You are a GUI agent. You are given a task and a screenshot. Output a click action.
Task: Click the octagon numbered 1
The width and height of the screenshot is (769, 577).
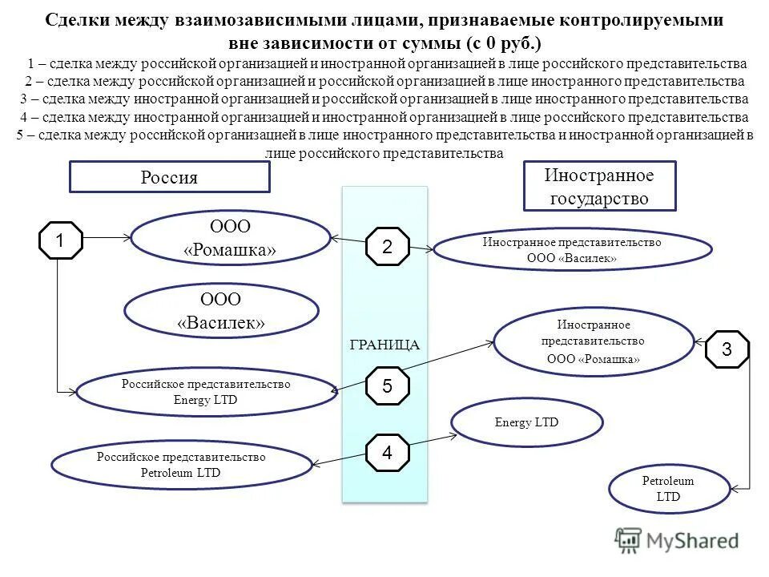(61, 240)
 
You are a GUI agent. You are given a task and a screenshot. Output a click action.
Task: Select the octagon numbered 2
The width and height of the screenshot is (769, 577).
(388, 247)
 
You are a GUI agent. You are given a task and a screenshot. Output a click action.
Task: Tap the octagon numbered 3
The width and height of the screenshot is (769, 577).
(727, 349)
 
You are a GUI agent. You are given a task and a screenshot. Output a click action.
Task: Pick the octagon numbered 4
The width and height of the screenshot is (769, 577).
(388, 452)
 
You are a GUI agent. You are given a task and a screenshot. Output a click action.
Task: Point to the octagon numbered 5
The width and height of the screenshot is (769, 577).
(388, 386)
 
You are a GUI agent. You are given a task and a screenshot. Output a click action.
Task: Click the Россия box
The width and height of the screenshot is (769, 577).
(169, 177)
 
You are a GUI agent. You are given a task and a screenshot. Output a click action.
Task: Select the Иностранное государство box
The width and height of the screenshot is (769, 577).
(599, 186)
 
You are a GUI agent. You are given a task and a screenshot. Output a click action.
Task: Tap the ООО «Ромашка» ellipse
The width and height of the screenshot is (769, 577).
(230, 239)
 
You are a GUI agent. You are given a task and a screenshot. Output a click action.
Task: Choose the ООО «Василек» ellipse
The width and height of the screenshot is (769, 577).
(221, 311)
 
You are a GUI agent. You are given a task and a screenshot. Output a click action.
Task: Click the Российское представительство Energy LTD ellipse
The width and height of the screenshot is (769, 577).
(206, 391)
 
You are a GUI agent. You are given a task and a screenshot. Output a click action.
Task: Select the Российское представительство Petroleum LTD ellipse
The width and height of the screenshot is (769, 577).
(181, 465)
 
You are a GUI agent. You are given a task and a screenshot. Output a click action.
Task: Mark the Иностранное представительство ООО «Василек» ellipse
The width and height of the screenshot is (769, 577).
(572, 249)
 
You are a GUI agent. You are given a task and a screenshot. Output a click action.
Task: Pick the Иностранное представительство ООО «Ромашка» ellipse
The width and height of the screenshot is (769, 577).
(593, 342)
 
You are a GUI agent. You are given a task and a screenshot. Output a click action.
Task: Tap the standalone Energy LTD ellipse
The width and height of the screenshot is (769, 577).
(526, 422)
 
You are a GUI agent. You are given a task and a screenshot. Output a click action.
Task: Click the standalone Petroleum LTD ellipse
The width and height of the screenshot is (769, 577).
(668, 489)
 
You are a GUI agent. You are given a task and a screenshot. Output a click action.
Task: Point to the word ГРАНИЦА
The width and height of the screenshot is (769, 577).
(385, 345)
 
